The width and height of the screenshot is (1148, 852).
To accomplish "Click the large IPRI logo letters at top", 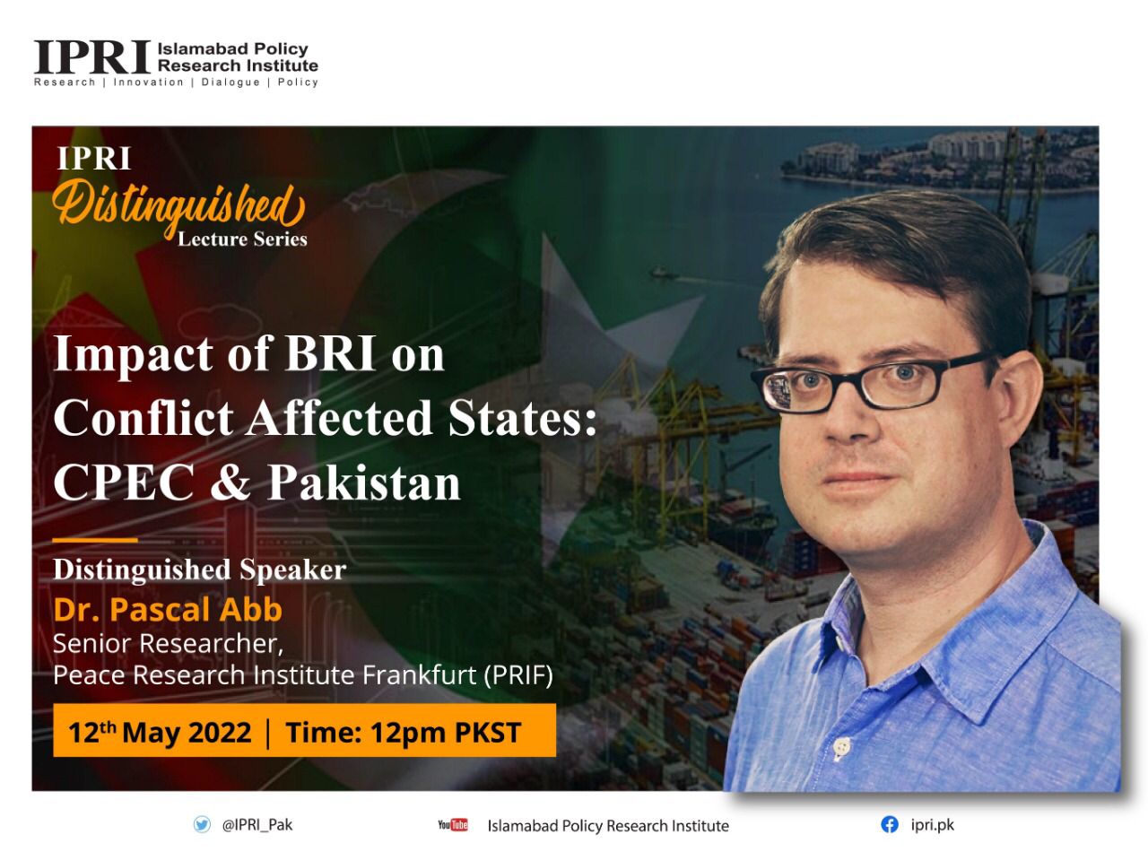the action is coord(92,57).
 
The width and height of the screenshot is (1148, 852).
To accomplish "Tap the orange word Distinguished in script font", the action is coord(179,208).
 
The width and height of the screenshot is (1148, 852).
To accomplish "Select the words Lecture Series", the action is coord(242,239).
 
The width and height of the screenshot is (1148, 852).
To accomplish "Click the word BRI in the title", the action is coord(330,354).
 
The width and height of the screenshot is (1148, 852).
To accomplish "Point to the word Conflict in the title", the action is coord(143,418).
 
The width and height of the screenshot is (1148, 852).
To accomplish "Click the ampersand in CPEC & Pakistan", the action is coord(230,482).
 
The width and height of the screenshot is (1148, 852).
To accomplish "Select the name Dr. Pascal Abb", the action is coord(168,609).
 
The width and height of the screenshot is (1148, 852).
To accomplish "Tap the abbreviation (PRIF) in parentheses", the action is coord(518,675).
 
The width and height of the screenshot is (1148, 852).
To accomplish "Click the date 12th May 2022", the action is coord(160,733).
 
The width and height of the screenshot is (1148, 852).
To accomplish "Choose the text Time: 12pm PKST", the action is coord(404,733).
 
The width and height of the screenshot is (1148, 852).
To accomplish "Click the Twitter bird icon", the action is coord(202,824).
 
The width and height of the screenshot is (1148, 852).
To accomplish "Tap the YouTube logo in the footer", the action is coord(453,824).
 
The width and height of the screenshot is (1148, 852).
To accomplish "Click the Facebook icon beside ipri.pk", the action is coord(889,824).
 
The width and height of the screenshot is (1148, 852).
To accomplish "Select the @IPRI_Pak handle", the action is coord(257,824).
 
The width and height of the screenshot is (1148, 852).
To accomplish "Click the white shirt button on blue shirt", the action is coord(841,746).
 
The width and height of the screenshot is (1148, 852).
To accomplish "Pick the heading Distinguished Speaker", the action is coord(200,569).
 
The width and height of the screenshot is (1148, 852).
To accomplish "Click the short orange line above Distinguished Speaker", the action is coord(95,540).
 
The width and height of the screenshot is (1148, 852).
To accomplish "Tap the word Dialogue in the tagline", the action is coord(230,83).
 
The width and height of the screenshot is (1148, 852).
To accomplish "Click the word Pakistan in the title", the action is coord(364,482).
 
